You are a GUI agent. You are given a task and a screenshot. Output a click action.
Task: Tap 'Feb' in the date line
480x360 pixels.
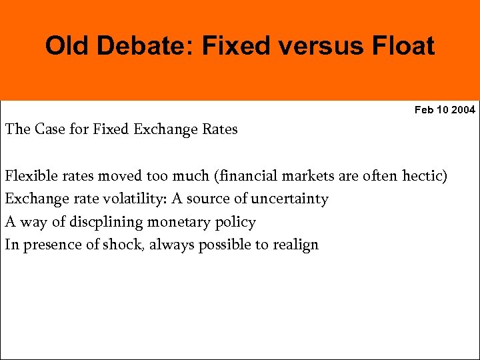click(x=424, y=109)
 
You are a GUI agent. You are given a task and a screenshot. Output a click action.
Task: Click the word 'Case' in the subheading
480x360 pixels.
click(x=49, y=129)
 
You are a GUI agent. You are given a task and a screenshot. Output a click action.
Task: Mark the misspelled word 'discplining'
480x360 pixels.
click(x=88, y=221)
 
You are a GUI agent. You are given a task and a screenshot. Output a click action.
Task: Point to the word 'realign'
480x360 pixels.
click(x=293, y=244)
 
